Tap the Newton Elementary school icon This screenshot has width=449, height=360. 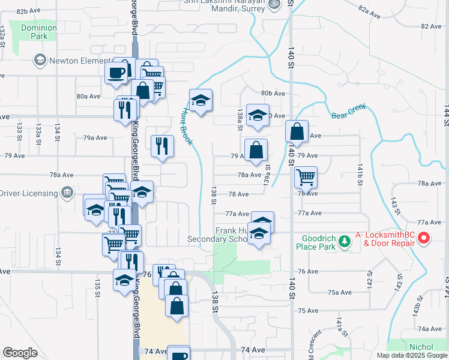pyautogui.click(x=40, y=59)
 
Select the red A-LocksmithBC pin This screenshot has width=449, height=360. pyautogui.click(x=424, y=239)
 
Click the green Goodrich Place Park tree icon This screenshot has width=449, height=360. pyautogui.click(x=344, y=241)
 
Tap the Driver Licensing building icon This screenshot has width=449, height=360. pyautogui.click(x=67, y=193)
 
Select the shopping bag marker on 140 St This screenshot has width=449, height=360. pyautogui.click(x=297, y=131)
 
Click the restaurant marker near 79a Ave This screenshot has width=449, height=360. pyautogui.click(x=161, y=146)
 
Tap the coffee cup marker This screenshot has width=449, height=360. pyautogui.click(x=116, y=73)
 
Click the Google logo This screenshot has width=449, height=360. pyautogui.click(x=20, y=353)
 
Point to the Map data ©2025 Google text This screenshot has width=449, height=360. pyautogui.click(x=412, y=355)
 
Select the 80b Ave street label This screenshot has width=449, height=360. pyautogui.click(x=273, y=93)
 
